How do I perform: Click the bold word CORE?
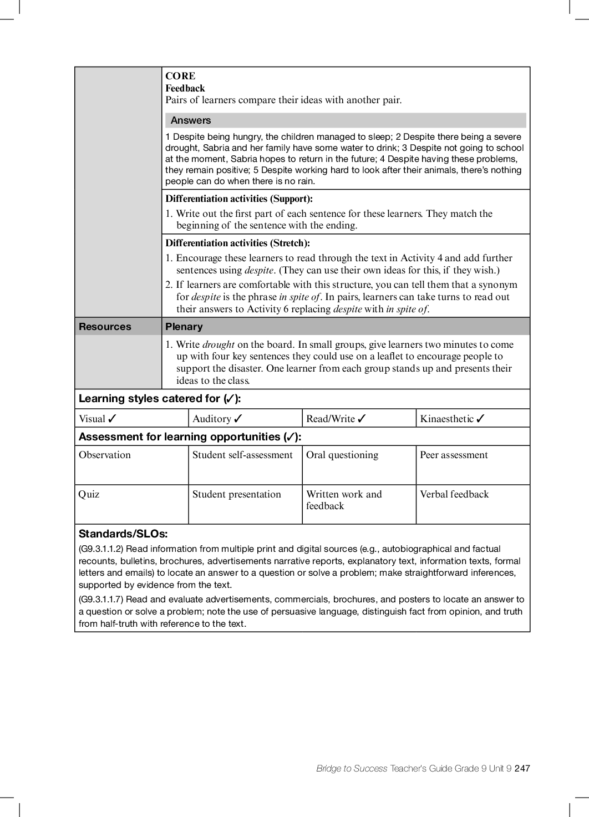click(180, 76)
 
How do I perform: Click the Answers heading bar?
click(345, 120)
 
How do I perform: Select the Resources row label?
click(105, 327)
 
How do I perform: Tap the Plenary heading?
click(184, 327)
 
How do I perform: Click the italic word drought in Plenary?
click(218, 344)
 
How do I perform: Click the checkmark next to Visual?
click(113, 419)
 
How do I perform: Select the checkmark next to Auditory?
click(238, 419)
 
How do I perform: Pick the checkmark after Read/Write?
click(362, 419)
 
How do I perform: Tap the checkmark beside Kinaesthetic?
click(480, 419)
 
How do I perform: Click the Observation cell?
click(105, 455)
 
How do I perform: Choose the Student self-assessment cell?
click(242, 455)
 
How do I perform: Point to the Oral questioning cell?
click(342, 455)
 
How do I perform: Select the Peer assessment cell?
click(454, 455)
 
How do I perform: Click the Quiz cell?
click(89, 495)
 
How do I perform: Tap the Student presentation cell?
click(237, 495)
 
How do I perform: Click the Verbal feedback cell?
click(454, 495)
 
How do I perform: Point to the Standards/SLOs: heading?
click(123, 534)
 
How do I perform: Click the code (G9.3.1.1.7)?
click(101, 600)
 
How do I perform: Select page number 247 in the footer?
click(522, 769)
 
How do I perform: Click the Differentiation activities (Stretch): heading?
click(237, 243)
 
